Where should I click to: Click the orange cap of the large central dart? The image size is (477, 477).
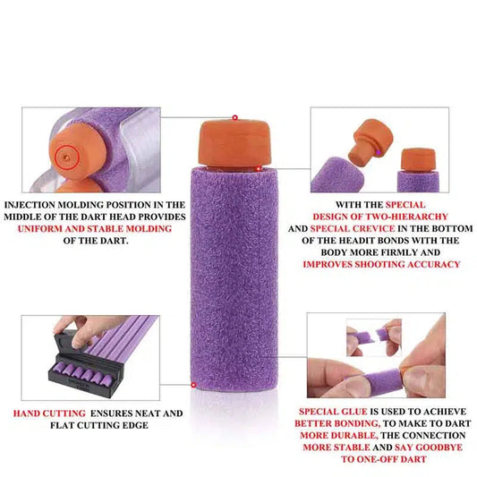pos(234,143)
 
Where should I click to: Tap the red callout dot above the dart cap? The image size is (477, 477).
pos(234,117)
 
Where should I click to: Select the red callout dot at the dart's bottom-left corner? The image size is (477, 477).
pos(193,385)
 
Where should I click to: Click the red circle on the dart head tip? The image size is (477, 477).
pos(67,157)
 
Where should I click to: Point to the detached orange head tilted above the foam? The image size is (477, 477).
pos(371,142)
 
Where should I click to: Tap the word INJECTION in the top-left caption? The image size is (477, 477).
pos(30,205)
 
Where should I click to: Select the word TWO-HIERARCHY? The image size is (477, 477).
pos(406,217)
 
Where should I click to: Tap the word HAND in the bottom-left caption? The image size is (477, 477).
pos(26,413)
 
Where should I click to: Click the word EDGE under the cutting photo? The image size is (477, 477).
pos(135,425)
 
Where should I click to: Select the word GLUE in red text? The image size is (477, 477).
pos(353,412)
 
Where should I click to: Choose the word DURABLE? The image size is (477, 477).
pos(355,435)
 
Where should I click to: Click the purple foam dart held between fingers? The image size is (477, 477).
pos(382,379)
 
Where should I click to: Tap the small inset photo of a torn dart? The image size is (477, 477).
pos(374,337)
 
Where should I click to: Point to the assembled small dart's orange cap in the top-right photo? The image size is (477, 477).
pos(418,159)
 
